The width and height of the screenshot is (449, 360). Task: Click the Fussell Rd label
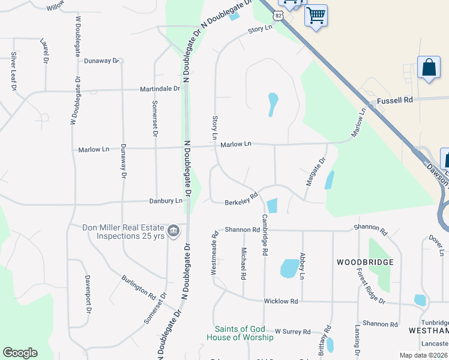pyautogui.click(x=394, y=101)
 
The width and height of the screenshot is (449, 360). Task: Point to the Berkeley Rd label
pyautogui.click(x=241, y=199)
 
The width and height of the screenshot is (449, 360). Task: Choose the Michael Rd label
pyautogui.click(x=244, y=264)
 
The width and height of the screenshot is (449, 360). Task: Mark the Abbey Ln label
pyautogui.click(x=302, y=265)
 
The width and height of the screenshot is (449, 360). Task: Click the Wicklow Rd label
pyautogui.click(x=281, y=301)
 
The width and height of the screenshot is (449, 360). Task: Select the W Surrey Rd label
pyautogui.click(x=292, y=331)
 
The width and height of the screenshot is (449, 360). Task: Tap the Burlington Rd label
pyautogui.click(x=139, y=287)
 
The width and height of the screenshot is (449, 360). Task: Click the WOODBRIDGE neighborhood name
pyautogui.click(x=365, y=262)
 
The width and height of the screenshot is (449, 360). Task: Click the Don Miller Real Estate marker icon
pyautogui.click(x=173, y=230)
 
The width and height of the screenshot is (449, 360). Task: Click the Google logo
pyautogui.click(x=20, y=353)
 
